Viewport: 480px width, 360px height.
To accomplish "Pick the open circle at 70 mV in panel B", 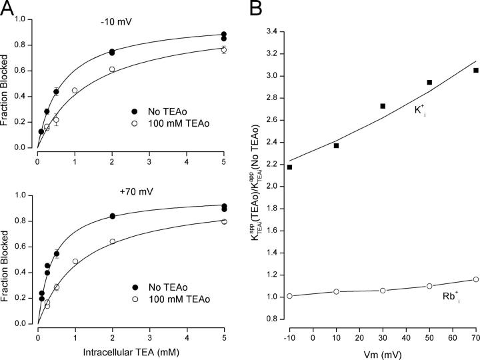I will [457, 279].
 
